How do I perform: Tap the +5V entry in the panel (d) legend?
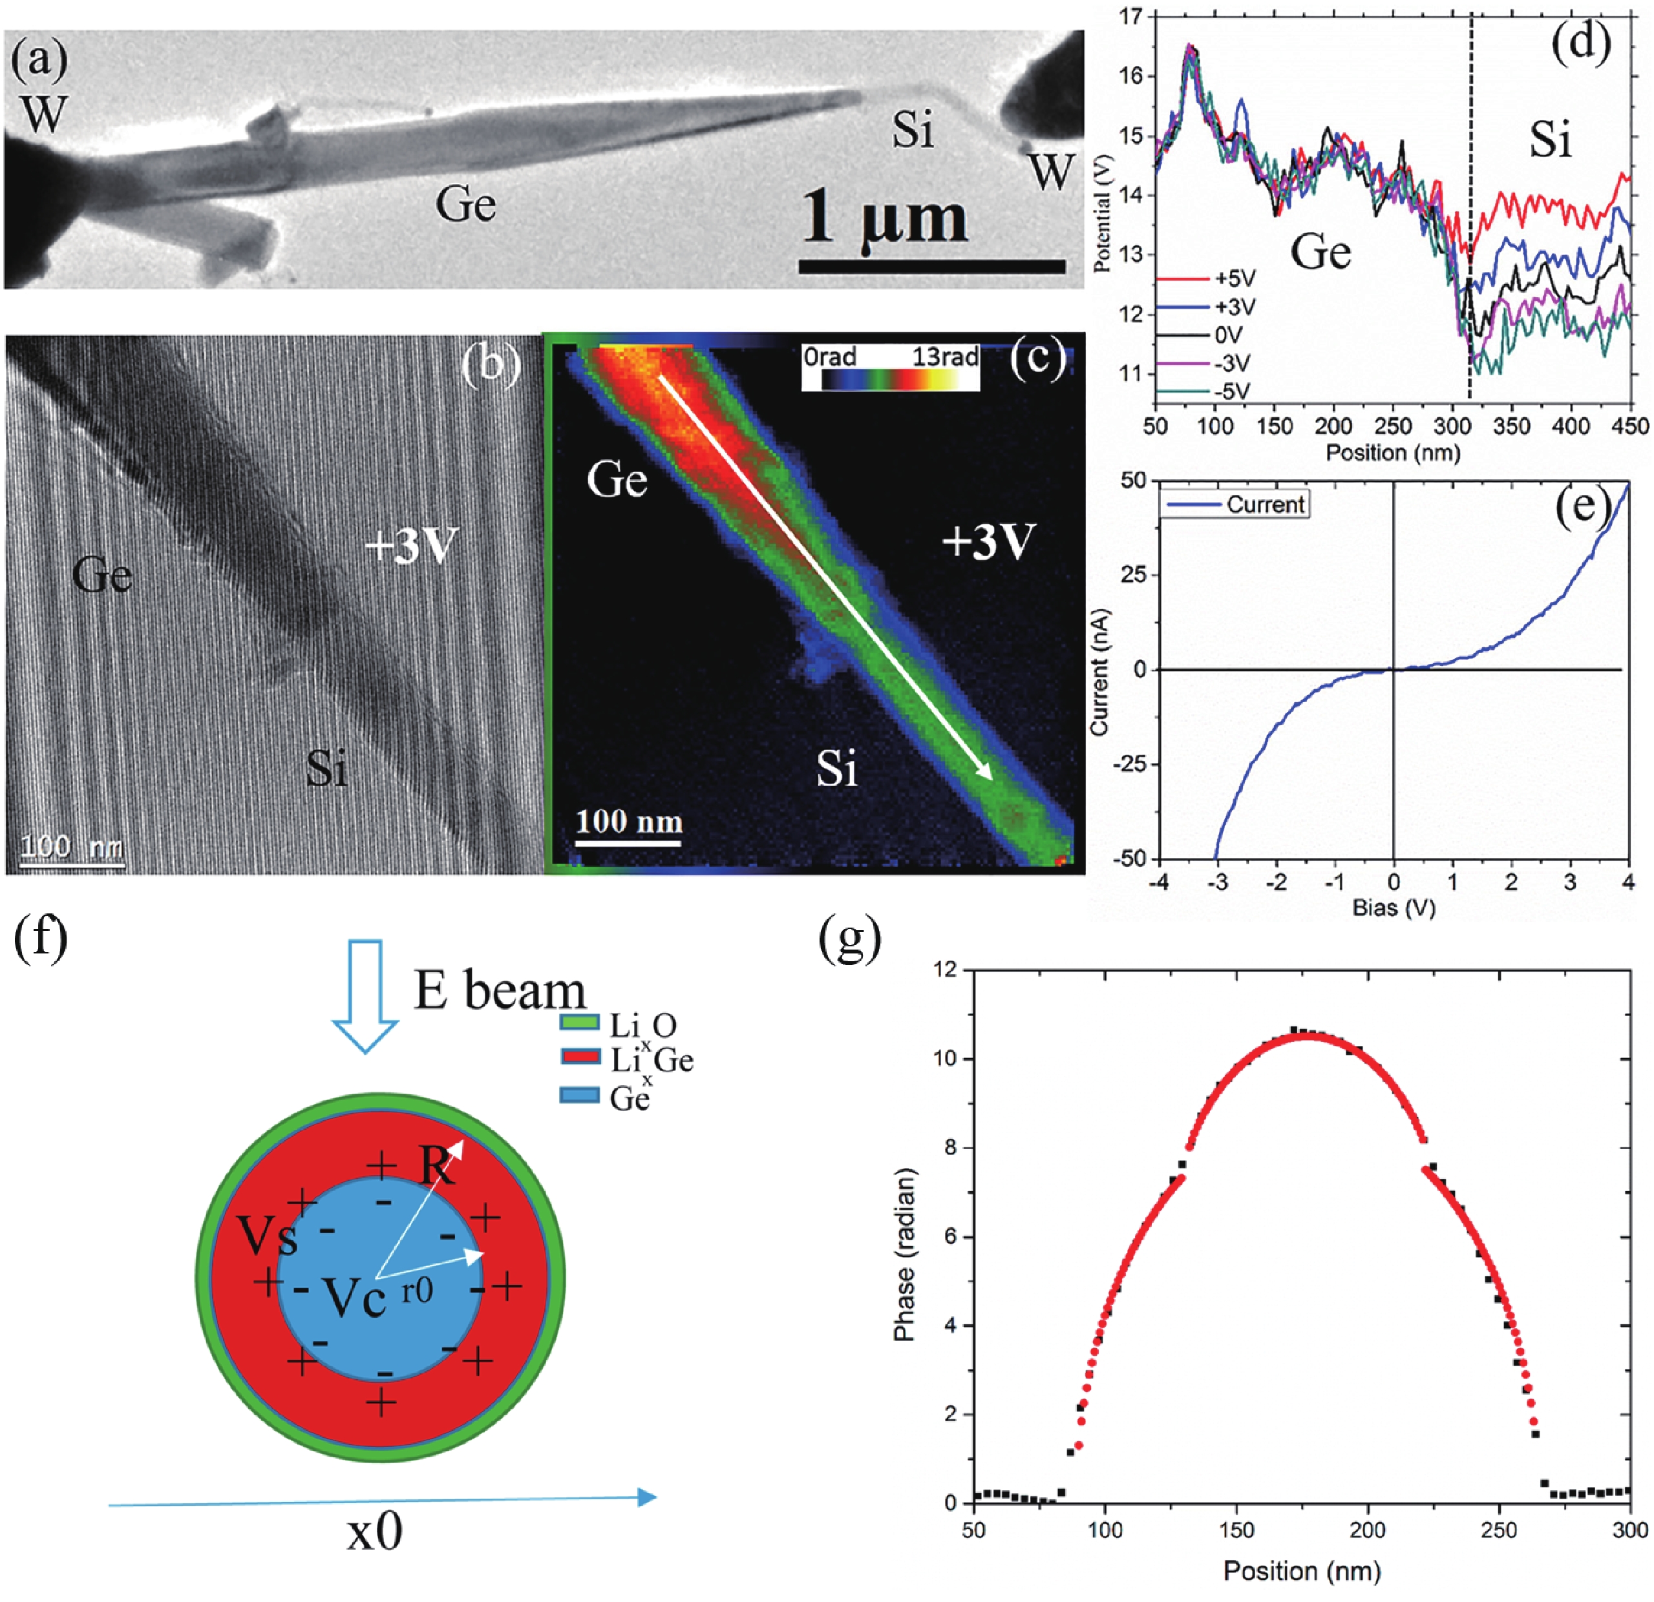pyautogui.click(x=1235, y=278)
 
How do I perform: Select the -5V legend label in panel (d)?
pyautogui.click(x=1232, y=391)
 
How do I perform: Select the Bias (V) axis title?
pyautogui.click(x=1394, y=908)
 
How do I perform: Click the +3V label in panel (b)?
pyautogui.click(x=410, y=546)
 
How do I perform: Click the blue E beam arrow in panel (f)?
pyautogui.click(x=365, y=996)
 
